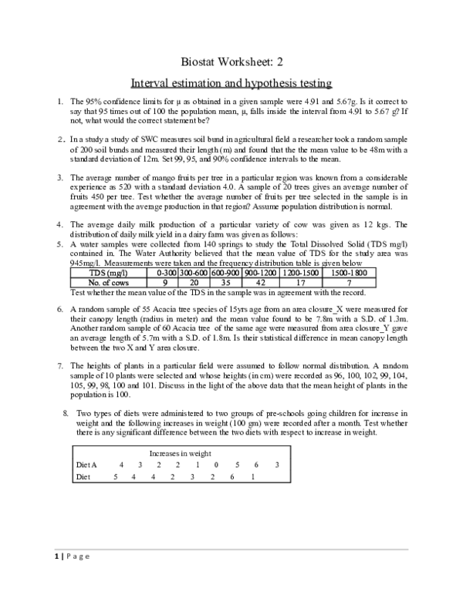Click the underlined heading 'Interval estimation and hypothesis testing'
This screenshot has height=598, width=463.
(x=231, y=82)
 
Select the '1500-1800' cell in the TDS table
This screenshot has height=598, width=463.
(x=350, y=272)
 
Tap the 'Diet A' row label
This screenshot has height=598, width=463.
(x=87, y=465)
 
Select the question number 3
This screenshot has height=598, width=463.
(x=60, y=178)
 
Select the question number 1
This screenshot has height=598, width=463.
(x=60, y=102)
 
